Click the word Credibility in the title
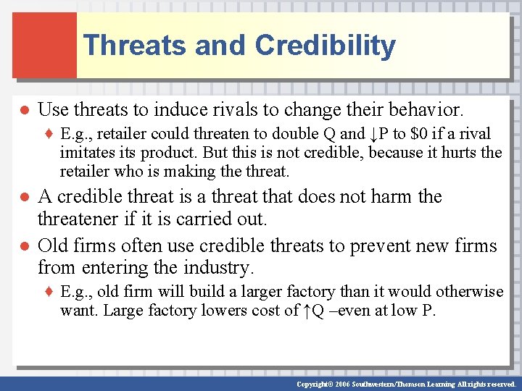coord(326,46)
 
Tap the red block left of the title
coord(44,45)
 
